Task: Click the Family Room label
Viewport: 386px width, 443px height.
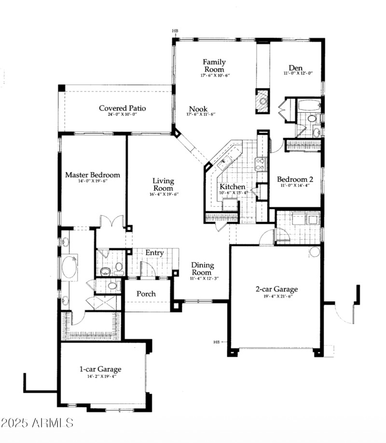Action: (x=214, y=66)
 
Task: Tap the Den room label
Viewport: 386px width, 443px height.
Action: (x=295, y=68)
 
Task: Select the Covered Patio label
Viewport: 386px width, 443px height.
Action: (x=122, y=108)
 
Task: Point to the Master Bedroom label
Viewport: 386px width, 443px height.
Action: (x=93, y=175)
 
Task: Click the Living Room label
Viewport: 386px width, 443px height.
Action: (x=163, y=185)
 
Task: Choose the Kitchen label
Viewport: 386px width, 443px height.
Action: (x=233, y=187)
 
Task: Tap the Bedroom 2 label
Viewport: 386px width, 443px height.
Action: (x=294, y=179)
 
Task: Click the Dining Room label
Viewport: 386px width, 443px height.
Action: (x=202, y=269)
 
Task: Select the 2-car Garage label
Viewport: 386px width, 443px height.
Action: (x=276, y=289)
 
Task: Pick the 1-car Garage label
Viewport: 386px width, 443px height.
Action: (x=100, y=369)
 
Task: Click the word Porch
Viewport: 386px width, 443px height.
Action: (x=146, y=294)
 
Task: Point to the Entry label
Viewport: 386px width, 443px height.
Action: (x=154, y=253)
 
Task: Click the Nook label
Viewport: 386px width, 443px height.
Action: (x=198, y=109)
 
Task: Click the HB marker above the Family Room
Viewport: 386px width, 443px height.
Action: (x=175, y=31)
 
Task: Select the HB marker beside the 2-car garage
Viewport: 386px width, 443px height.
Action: (x=217, y=342)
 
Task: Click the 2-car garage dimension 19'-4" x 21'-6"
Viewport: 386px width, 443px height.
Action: (x=276, y=296)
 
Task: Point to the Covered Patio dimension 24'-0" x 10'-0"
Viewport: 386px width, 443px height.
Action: (x=122, y=115)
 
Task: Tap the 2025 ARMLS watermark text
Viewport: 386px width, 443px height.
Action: (x=37, y=423)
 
